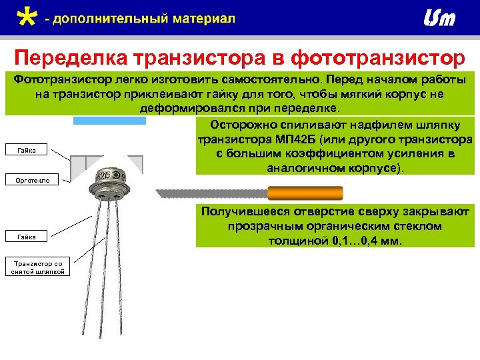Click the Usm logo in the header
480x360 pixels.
439,19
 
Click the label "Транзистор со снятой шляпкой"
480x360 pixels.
37,267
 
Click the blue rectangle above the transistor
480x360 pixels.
109,121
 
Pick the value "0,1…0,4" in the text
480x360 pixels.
356,241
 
